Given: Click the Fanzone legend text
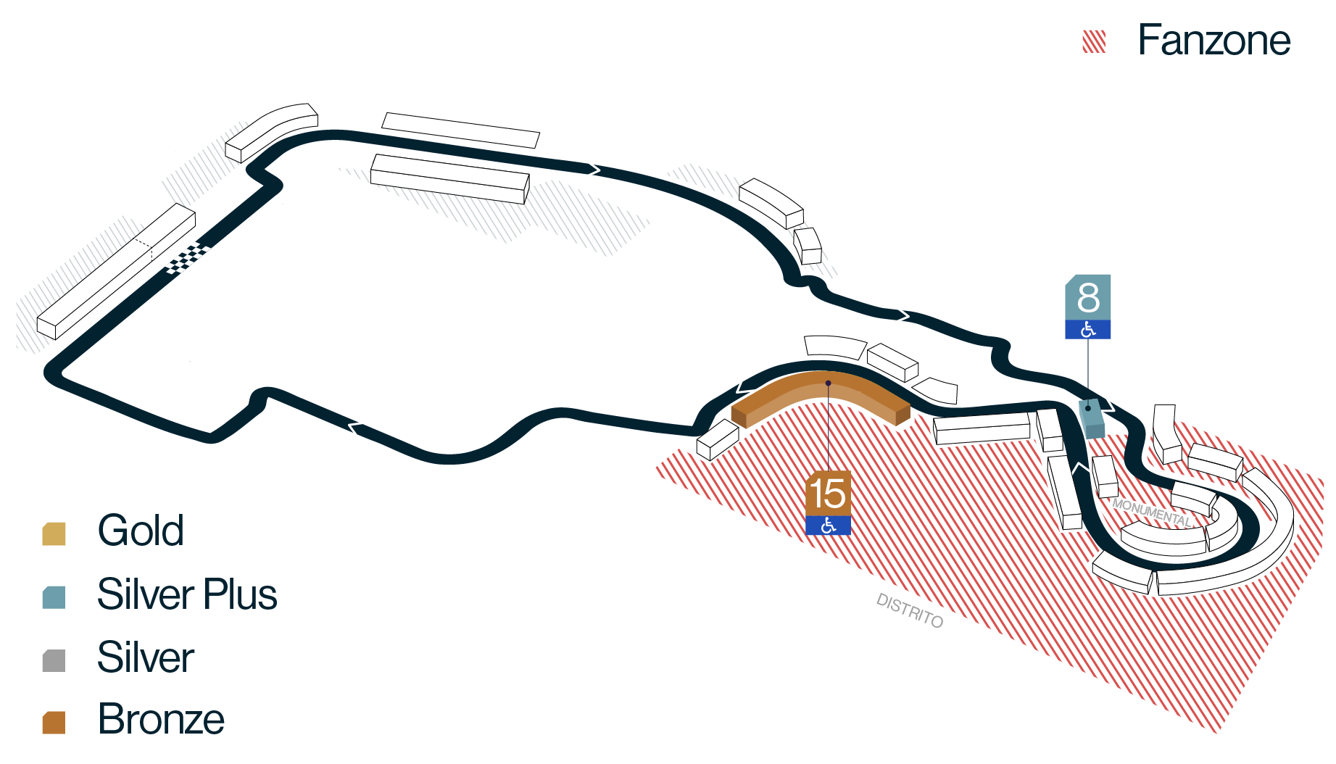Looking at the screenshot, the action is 1214,40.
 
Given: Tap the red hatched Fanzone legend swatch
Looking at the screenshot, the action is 1094,42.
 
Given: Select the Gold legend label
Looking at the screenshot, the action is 141,530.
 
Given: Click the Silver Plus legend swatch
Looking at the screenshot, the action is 54,597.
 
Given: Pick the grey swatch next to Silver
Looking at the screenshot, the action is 54,660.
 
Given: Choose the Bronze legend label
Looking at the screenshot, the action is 161,719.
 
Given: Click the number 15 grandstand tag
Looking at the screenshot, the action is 828,494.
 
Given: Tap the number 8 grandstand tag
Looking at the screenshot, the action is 1087,297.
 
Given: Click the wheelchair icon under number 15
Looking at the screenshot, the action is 828,526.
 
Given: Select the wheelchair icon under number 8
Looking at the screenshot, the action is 1087,329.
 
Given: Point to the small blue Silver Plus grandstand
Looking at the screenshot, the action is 1091,418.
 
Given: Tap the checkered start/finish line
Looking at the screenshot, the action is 188,258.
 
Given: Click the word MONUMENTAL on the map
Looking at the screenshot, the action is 1152,512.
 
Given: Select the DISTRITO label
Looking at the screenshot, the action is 910,610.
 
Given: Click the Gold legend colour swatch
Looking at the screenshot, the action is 54,533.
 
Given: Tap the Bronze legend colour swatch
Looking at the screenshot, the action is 54,723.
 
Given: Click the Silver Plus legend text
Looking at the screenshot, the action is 187,594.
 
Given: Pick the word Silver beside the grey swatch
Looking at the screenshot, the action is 146,657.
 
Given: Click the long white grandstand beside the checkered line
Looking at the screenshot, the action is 116,271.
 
